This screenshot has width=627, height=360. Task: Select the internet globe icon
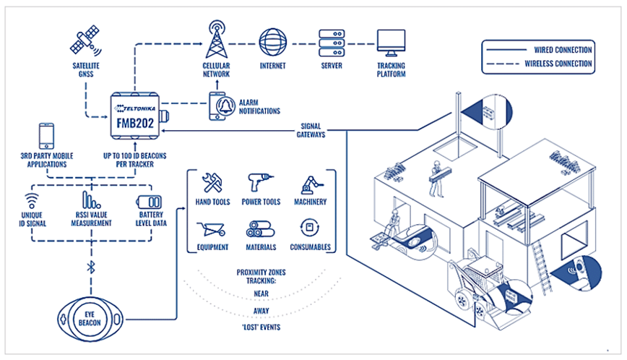pos(273,41)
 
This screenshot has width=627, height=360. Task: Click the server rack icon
pos(332,42)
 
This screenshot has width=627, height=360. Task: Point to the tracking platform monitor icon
pos(390,42)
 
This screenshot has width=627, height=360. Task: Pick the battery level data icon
pos(150,203)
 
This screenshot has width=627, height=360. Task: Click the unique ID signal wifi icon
pos(32,202)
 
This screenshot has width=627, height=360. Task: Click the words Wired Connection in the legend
pos(563,50)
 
